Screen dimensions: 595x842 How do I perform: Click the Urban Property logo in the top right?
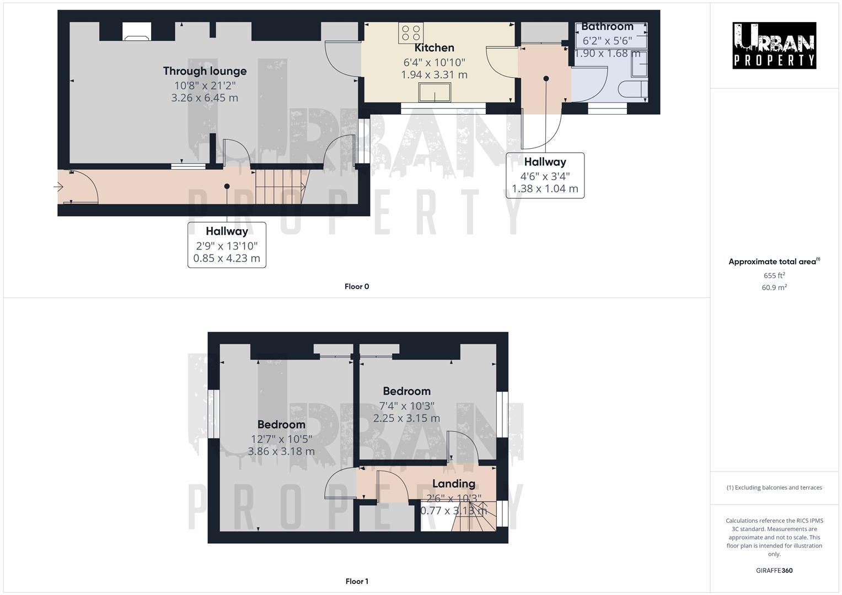774,45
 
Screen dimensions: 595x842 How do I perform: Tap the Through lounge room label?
205,71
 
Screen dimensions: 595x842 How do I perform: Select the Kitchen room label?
434,48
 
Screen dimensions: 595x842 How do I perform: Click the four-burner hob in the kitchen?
411,33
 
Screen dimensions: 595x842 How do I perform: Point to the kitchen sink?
435,93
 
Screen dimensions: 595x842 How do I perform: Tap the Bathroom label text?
607,26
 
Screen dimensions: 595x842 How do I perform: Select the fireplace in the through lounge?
136,31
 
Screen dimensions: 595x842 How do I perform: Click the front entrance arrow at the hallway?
58,187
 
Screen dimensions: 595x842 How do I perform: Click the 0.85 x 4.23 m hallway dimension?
227,258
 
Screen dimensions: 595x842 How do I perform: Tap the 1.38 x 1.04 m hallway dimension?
545,189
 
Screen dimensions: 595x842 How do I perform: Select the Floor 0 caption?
357,286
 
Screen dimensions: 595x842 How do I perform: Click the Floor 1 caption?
357,581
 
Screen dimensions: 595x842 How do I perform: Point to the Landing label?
453,484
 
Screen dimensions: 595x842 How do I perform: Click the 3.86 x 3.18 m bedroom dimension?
281,452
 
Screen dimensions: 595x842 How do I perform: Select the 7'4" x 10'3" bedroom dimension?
406,405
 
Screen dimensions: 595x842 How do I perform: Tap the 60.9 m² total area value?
774,288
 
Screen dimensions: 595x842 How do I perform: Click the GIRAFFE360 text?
774,571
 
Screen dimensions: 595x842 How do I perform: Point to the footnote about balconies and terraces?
774,488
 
